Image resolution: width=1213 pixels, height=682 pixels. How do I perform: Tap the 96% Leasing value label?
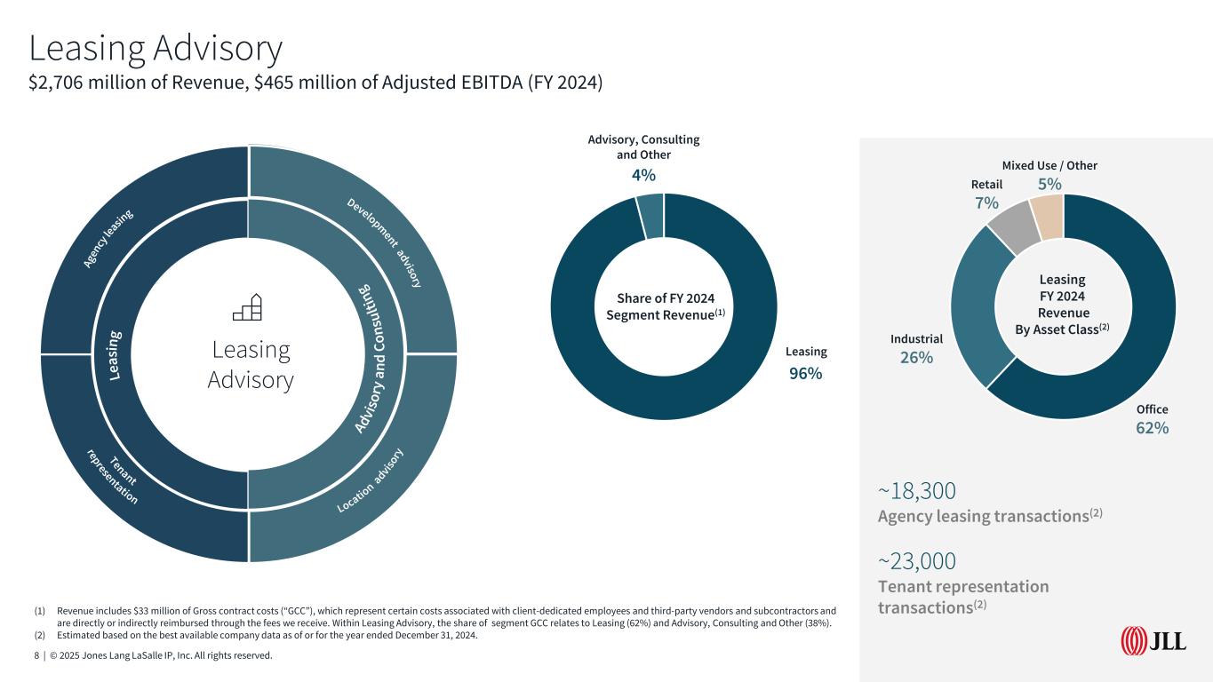tap(806, 374)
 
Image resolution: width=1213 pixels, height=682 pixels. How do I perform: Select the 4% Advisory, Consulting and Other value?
tap(644, 175)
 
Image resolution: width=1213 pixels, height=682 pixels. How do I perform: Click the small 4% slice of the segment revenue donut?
tap(650, 217)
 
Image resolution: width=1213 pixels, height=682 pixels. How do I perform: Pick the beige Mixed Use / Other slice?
tap(1048, 217)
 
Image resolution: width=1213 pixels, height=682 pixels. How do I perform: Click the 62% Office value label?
tap(1152, 427)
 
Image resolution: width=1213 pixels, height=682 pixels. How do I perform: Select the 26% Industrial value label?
tap(916, 357)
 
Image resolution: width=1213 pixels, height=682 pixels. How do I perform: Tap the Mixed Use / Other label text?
tap(1049, 165)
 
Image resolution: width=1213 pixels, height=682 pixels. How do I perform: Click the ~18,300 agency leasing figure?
tap(916, 491)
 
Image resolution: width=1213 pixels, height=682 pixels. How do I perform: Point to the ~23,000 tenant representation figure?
tap(917, 561)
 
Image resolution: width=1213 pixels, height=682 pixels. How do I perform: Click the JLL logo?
tap(1153, 639)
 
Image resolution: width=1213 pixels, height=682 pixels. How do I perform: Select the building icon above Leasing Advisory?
tap(247, 306)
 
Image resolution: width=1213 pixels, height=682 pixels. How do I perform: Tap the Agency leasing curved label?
tap(108, 237)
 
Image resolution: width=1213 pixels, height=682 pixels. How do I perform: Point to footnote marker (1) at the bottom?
tap(39, 611)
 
